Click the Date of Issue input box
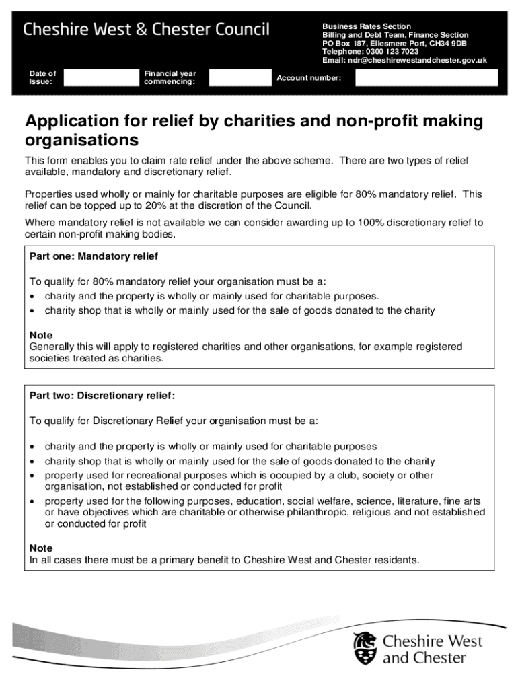pyautogui.click(x=100, y=78)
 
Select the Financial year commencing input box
pyautogui.click(x=239, y=78)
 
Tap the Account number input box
pyautogui.click(x=427, y=78)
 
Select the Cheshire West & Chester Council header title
pyautogui.click(x=147, y=30)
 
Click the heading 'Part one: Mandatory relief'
pyautogui.click(x=94, y=257)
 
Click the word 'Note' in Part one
pyautogui.click(x=41, y=335)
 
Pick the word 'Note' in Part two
pyautogui.click(x=41, y=548)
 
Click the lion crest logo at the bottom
pyautogui.click(x=365, y=648)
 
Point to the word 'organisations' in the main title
pyautogui.click(x=81, y=141)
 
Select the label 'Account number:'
pyautogui.click(x=309, y=78)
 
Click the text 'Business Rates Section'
pyautogui.click(x=366, y=26)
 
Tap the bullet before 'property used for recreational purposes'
pyautogui.click(x=33, y=476)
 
